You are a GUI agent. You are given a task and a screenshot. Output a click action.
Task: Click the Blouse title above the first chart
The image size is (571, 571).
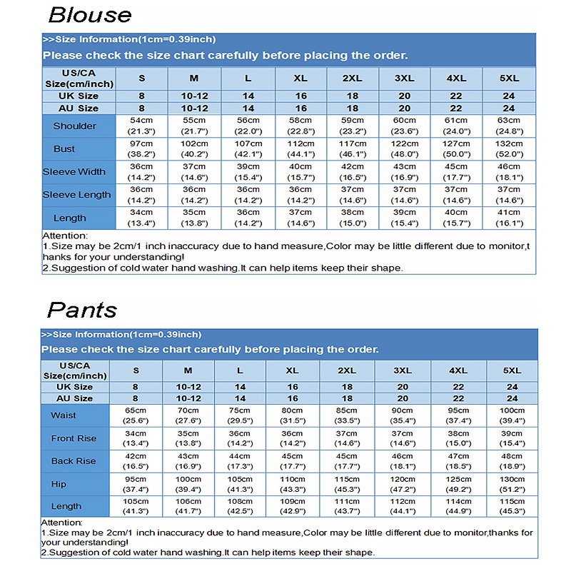90,15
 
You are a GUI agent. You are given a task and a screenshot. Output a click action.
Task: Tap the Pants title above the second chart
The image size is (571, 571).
81,310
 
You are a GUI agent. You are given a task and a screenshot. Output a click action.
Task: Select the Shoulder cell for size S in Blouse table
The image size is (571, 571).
141,126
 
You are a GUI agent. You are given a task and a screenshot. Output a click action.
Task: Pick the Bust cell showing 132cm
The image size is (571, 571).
509,148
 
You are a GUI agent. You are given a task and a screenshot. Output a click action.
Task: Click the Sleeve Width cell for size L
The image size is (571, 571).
248,171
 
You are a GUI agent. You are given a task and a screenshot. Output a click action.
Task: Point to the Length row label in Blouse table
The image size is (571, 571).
69,218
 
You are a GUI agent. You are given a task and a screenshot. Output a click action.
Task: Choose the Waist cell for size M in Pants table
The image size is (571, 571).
188,415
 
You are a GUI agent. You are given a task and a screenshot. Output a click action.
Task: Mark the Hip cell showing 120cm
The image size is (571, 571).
403,484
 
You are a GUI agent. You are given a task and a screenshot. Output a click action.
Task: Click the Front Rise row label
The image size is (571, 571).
74,438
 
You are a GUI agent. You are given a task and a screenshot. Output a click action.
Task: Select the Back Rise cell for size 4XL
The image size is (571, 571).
458,461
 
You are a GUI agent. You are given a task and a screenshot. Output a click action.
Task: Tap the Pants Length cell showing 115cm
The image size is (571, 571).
512,507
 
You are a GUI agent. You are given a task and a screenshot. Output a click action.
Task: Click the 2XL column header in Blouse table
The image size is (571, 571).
353,78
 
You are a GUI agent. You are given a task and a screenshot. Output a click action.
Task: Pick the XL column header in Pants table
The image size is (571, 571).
292,370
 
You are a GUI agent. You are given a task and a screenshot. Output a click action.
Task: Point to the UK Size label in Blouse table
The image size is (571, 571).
79,96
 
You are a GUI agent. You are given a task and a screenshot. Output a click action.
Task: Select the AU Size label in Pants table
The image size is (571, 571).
74,398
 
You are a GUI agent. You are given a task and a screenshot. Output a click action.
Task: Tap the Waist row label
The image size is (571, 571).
64,415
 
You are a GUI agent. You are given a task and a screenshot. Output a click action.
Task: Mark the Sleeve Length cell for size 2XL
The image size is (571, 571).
353,194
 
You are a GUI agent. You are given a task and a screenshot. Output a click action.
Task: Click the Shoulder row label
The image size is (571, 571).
74,126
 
